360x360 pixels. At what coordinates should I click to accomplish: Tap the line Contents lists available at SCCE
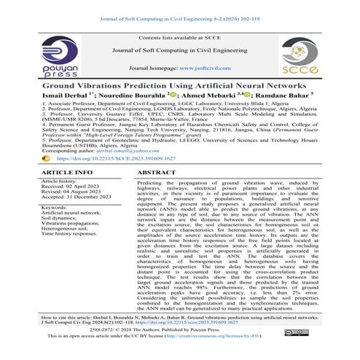tap(180, 36)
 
